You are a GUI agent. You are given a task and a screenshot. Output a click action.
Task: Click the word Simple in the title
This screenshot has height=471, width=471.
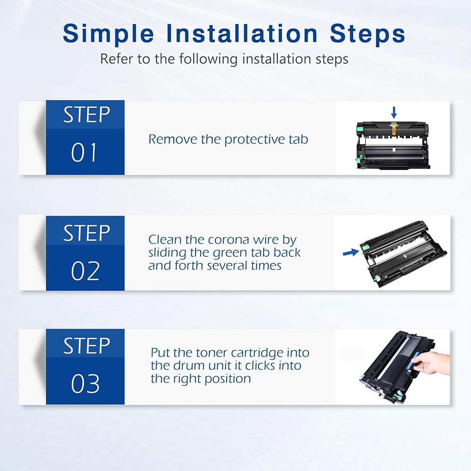108,34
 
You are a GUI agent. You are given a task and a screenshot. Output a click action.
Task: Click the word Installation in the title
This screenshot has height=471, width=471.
242,33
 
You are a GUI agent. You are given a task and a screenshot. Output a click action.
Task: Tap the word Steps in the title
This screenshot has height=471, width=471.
368,34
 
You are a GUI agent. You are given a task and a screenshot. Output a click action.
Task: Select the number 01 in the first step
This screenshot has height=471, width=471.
84,152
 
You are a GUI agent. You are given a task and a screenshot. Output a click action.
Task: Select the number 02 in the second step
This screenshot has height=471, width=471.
85,271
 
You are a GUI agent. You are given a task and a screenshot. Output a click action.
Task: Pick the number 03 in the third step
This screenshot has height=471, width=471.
85,383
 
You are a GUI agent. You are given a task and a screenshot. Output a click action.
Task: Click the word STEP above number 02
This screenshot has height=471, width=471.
87,233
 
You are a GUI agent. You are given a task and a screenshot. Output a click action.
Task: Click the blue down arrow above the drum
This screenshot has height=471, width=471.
394,113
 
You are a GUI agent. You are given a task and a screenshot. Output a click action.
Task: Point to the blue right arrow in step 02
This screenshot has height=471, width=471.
351,252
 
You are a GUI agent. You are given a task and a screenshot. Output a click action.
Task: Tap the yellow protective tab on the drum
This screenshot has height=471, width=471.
393,130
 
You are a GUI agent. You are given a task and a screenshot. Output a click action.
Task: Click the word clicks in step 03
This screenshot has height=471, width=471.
260,365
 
